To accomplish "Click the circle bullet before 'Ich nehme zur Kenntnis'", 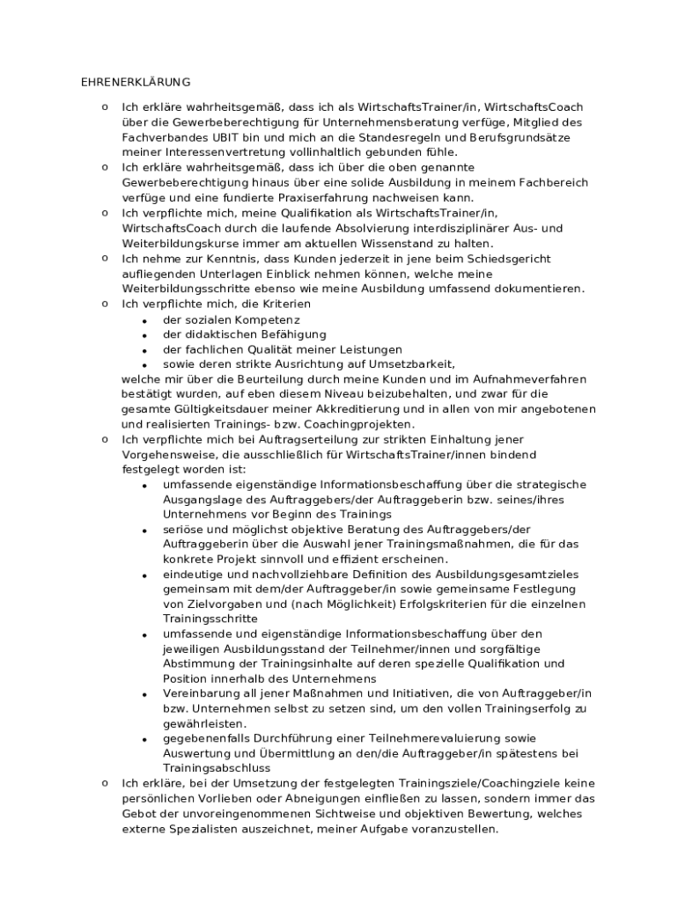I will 105,258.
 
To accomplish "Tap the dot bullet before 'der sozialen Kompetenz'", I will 144,319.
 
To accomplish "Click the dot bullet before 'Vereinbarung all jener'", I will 144,694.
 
